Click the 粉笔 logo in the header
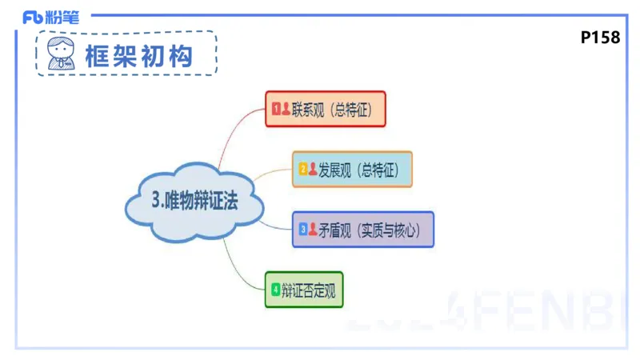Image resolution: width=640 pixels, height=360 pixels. point(51,17)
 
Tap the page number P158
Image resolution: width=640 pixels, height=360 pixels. point(600,38)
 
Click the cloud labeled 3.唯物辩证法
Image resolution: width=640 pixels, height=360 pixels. point(194,202)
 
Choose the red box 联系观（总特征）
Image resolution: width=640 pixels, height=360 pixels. point(326,109)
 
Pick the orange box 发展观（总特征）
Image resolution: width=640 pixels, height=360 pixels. point(352,169)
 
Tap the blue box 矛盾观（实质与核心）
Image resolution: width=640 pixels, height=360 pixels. point(363,230)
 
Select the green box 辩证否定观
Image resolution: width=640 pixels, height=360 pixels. point(304,290)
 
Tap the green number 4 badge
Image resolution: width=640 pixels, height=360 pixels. point(276,290)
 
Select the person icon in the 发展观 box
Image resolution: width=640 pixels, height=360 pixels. point(313,170)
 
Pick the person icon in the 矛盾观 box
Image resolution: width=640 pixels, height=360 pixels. point(313,230)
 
